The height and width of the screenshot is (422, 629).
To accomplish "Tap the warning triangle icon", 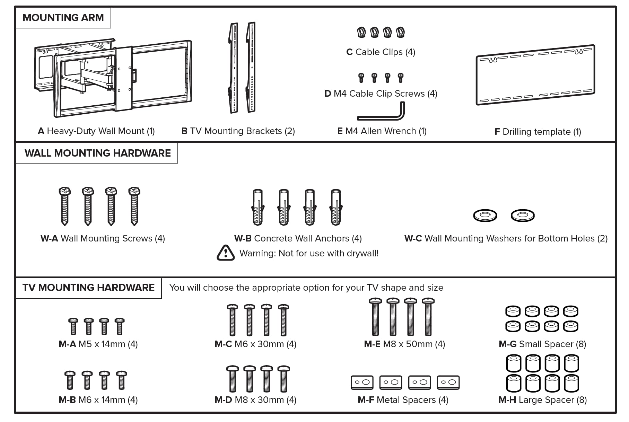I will point(226,253).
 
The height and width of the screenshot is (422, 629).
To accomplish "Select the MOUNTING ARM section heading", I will point(63,18).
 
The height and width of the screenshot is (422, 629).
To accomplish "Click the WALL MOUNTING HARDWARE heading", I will point(97,153).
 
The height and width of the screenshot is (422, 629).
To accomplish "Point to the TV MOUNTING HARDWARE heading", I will point(88,288).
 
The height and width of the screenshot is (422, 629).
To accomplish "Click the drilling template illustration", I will point(535,75).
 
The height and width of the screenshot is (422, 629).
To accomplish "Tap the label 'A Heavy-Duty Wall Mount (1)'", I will point(96,131).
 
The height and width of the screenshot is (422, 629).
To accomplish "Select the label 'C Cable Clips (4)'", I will point(381,52).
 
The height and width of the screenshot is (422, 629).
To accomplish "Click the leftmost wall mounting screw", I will point(65,206).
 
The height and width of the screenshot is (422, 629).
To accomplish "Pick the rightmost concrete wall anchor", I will point(336,207).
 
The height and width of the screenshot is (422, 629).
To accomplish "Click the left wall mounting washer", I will point(485,215).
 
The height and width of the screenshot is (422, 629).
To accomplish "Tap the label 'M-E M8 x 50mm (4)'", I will point(404,344).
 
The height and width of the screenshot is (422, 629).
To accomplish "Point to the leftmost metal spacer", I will point(362,382).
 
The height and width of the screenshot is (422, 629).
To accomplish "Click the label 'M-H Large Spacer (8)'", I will point(542,400).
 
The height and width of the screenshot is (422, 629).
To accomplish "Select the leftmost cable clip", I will point(361,32).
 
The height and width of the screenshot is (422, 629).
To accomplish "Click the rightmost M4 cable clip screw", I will point(401,78).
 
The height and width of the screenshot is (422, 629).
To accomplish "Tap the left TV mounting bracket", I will point(234,68).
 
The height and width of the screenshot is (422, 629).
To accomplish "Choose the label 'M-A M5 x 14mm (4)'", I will point(98,344).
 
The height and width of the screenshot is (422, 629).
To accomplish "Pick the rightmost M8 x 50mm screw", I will point(428,317).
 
